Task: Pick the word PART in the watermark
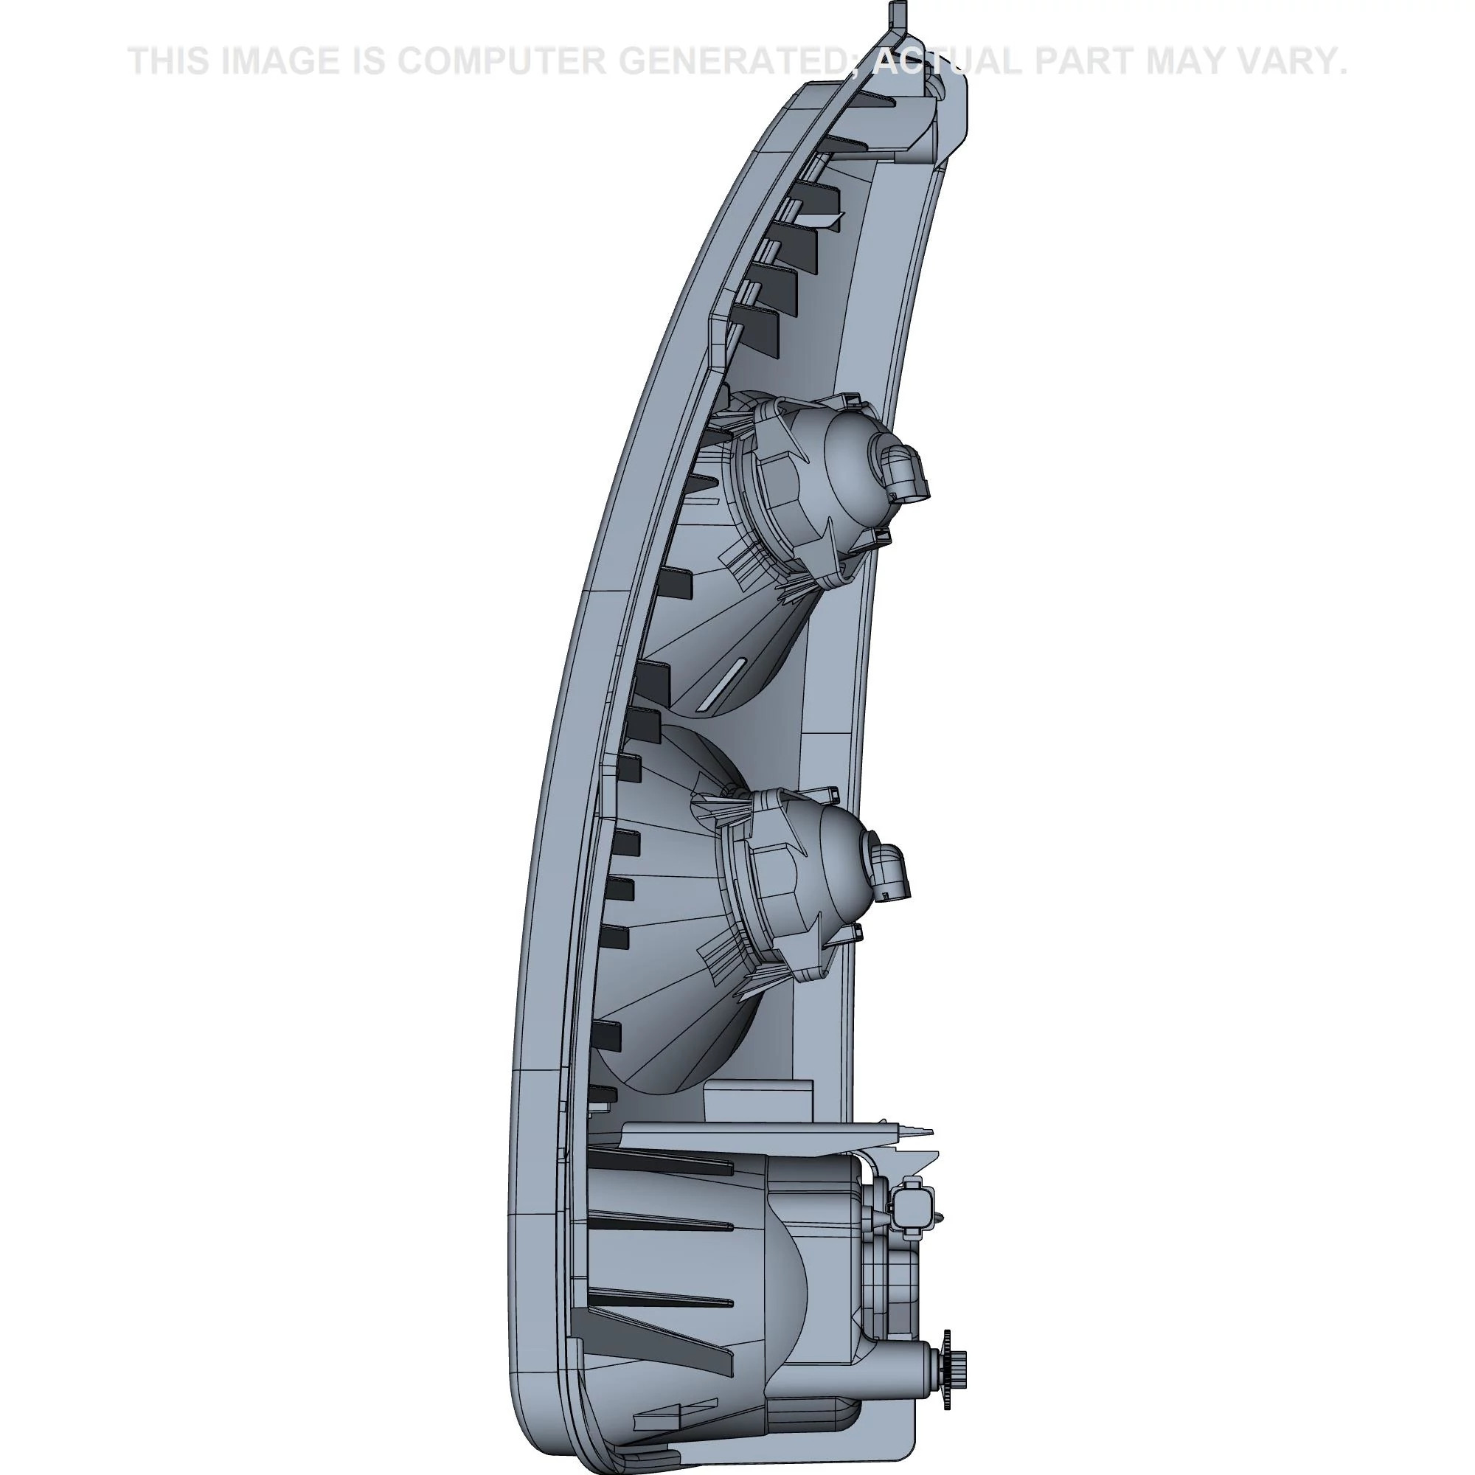[x=1083, y=62]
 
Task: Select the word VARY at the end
[x=1294, y=62]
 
